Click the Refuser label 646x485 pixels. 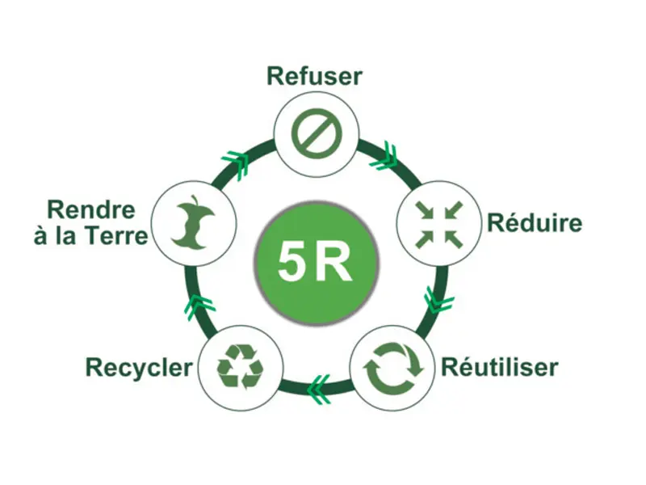(x=315, y=77)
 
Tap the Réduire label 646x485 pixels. (x=534, y=222)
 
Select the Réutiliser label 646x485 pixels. (x=499, y=367)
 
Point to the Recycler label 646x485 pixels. (x=139, y=368)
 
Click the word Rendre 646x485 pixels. (x=90, y=209)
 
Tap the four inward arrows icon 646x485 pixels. (x=436, y=223)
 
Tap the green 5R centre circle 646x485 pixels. (x=316, y=261)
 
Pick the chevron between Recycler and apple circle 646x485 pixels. (x=198, y=306)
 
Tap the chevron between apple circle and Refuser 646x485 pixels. (x=236, y=159)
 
